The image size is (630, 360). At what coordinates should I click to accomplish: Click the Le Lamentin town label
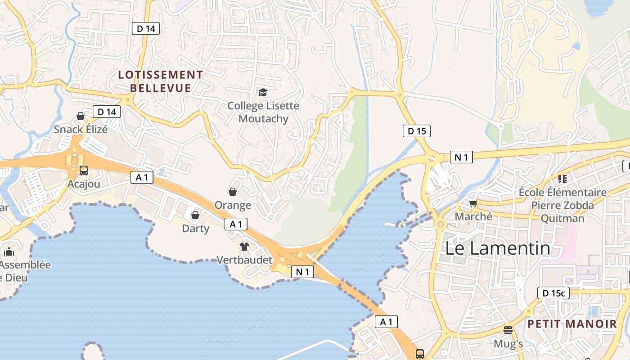(498, 248)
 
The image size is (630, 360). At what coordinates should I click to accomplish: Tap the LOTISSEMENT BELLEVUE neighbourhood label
(161, 81)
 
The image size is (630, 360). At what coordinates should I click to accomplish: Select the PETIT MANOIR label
(572, 324)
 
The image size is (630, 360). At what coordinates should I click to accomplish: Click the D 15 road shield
(416, 131)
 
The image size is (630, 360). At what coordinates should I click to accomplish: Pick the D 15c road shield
(553, 293)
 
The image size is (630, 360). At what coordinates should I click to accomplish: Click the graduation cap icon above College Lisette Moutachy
(263, 92)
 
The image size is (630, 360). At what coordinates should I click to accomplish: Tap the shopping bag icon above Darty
(195, 215)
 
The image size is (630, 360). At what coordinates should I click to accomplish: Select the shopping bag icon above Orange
(233, 192)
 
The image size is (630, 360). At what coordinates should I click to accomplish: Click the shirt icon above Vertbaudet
(244, 246)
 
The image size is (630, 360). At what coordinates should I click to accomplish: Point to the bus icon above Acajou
(84, 171)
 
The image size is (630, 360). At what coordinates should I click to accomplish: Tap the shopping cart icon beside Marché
(473, 204)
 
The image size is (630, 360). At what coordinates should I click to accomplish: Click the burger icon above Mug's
(508, 330)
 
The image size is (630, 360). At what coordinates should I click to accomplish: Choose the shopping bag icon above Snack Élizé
(81, 116)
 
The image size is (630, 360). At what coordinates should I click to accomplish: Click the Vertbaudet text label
(244, 260)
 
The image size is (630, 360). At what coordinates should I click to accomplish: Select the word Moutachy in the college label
(263, 118)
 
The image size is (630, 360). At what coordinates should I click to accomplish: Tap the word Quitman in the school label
(562, 218)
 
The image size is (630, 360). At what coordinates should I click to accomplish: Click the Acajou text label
(84, 184)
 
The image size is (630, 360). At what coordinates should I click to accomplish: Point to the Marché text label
(473, 216)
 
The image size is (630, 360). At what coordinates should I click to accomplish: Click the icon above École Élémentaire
(562, 179)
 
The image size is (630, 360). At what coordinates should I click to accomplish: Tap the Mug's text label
(508, 344)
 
